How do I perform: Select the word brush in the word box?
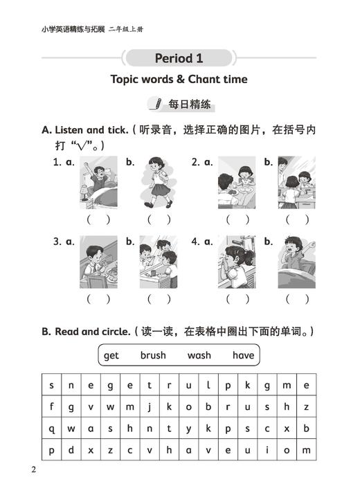(153, 356)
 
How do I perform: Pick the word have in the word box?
(244, 356)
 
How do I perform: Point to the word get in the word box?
(111, 356)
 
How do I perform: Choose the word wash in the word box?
(199, 356)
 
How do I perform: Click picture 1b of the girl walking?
(158, 182)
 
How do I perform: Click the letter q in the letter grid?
(51, 429)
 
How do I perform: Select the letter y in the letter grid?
(188, 429)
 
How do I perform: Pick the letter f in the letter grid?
(51, 407)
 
